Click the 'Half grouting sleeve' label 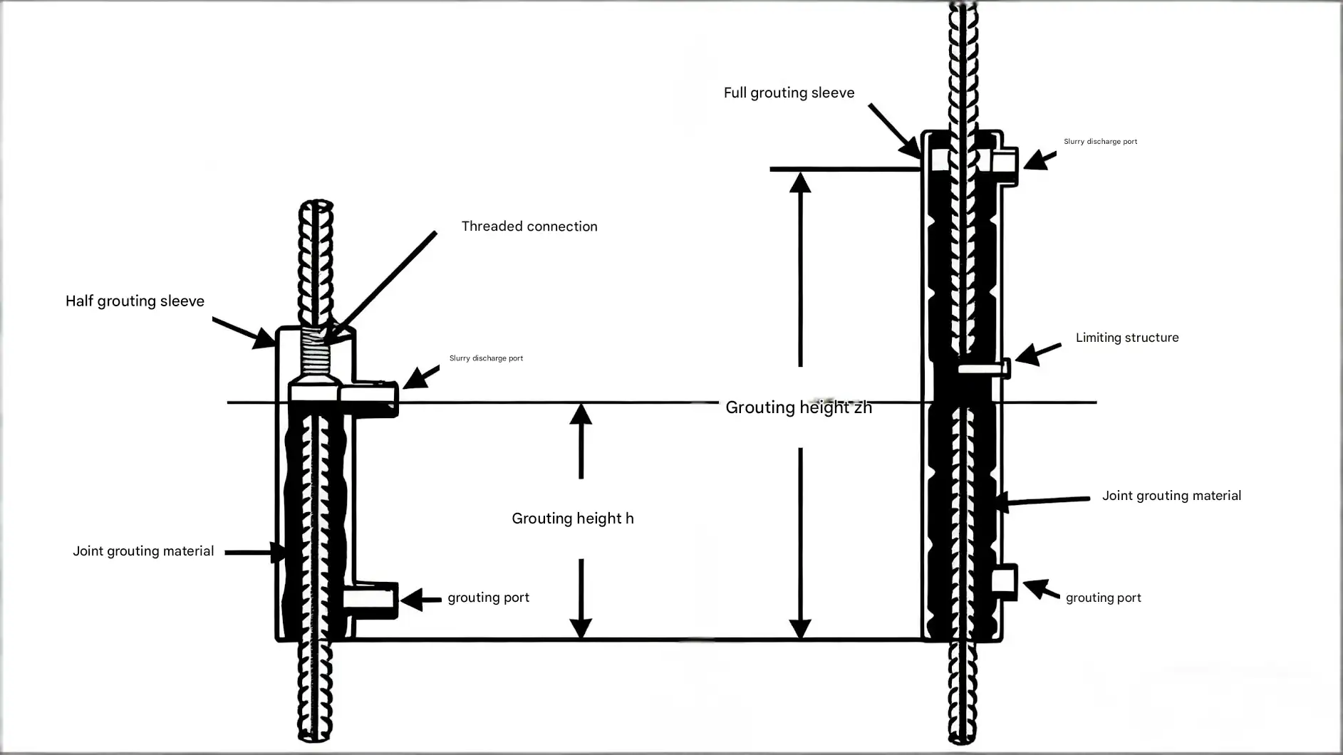coord(135,301)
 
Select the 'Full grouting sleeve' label coord(789,93)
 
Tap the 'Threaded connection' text coord(529,226)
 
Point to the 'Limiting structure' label coord(1127,338)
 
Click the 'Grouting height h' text coord(573,519)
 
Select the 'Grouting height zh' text coord(799,407)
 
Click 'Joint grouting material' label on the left coord(143,551)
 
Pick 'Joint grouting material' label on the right coord(1171,496)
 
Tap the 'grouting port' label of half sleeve coord(488,598)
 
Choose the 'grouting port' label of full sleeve coord(1103,598)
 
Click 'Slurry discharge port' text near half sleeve coord(486,358)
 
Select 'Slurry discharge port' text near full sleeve coord(1100,142)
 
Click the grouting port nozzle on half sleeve coord(370,600)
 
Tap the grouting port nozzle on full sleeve coord(1005,580)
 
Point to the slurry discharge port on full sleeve coord(1005,166)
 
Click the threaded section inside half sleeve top coord(315,355)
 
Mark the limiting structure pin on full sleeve coord(984,369)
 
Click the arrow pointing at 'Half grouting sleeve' coord(244,333)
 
